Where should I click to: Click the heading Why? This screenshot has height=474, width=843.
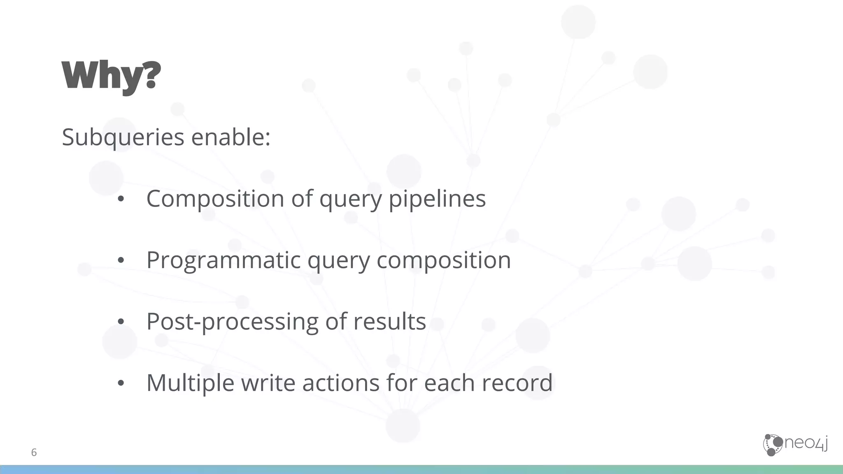111,77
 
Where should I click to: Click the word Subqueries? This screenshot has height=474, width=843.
123,137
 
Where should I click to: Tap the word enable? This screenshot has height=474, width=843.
231,137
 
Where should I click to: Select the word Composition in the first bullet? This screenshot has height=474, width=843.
215,199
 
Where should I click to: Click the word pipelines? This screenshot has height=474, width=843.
437,199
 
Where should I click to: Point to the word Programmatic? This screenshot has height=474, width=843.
223,260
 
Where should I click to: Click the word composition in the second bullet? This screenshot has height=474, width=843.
443,260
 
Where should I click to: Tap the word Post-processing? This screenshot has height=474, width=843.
232,321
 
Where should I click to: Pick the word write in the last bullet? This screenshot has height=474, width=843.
268,383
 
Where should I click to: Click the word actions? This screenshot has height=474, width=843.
340,383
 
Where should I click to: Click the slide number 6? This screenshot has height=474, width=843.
34,453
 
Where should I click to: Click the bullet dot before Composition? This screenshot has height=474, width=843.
121,200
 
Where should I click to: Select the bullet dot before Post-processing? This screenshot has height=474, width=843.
121,322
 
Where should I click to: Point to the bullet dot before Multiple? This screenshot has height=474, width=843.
121,383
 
